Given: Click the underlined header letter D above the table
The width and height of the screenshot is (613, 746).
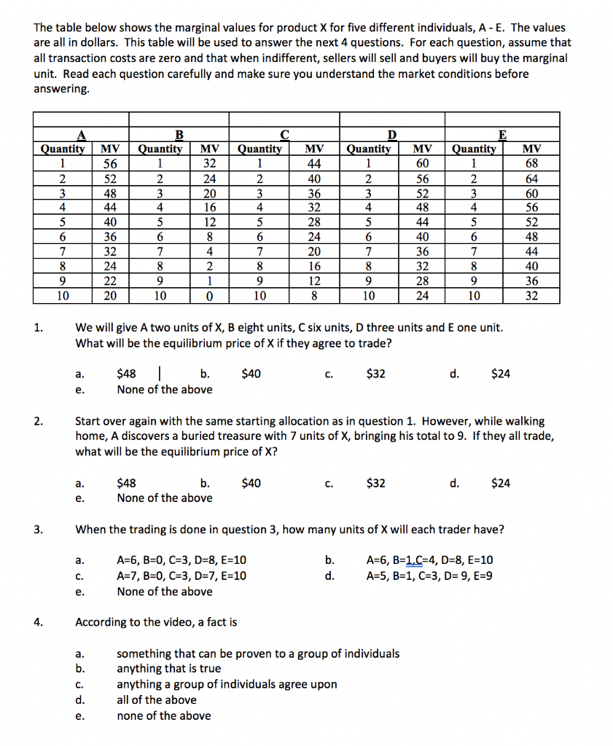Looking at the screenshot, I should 392,134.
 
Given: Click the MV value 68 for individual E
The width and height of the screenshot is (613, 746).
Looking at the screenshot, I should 531,163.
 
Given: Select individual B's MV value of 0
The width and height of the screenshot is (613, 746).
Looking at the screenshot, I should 210,297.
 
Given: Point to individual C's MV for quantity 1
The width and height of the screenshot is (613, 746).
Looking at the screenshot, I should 314,163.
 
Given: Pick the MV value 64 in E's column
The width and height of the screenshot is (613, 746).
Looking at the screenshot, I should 531,178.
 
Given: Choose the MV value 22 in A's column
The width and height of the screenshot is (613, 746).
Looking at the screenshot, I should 108,282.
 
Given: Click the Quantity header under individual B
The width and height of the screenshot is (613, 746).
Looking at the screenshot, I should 160,149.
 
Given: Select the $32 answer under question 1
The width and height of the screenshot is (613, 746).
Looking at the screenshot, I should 377,374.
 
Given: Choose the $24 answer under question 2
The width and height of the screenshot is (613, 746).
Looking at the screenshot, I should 501,482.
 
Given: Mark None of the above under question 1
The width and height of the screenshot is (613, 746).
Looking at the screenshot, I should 165,389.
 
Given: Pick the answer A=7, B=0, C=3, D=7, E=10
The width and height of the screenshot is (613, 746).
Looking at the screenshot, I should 181,576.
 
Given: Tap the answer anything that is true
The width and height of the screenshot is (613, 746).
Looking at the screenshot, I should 169,668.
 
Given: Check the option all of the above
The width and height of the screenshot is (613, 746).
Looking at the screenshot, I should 157,699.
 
